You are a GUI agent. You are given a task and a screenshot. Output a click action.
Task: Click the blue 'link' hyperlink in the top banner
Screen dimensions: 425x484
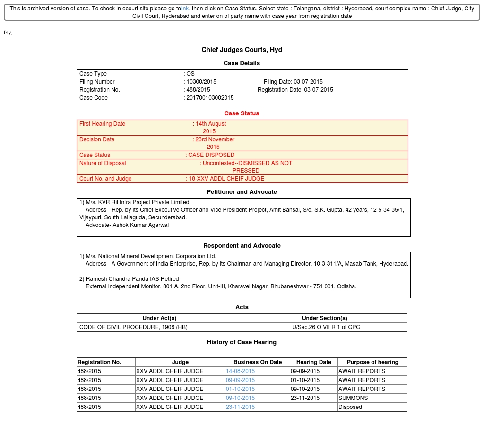185,9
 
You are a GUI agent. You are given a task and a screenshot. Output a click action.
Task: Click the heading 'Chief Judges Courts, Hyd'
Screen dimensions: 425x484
242,50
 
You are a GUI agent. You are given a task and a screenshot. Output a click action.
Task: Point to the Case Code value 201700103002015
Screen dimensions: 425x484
210,98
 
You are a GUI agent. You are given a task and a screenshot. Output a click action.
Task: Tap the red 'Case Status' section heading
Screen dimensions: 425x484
242,113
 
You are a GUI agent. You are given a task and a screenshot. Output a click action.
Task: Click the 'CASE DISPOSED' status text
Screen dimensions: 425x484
211,155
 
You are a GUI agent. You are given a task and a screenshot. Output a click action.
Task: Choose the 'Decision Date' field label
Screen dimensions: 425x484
97,139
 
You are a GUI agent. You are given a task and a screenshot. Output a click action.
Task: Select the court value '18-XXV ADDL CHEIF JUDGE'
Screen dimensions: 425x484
226,179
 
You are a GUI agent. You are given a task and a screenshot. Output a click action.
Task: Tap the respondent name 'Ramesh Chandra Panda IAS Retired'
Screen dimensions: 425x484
132,279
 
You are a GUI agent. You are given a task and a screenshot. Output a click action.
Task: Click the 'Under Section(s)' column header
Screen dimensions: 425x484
325,318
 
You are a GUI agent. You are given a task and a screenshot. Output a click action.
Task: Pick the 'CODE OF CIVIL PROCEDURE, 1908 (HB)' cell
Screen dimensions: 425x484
133,327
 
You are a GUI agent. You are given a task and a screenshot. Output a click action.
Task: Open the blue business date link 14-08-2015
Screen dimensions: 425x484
240,371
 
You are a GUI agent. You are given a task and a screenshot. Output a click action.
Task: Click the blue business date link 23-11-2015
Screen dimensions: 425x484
240,407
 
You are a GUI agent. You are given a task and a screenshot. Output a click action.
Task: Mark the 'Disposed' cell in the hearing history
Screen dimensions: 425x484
350,407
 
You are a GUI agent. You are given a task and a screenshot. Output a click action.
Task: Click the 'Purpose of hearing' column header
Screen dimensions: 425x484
372,362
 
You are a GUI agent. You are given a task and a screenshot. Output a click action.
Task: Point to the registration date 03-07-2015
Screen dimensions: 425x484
319,90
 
